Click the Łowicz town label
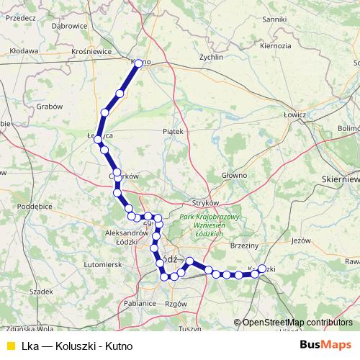(295, 114)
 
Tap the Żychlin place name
(211, 56)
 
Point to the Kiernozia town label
(276, 45)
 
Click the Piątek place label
(174, 132)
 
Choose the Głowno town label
(234, 175)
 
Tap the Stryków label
(205, 203)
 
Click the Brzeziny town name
(245, 246)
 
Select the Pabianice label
(140, 304)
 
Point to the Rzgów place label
(175, 304)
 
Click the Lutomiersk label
(102, 265)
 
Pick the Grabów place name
(49, 106)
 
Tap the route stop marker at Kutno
(138, 63)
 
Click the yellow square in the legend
(10, 346)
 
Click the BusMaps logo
(325, 345)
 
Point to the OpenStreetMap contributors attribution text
(297, 323)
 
